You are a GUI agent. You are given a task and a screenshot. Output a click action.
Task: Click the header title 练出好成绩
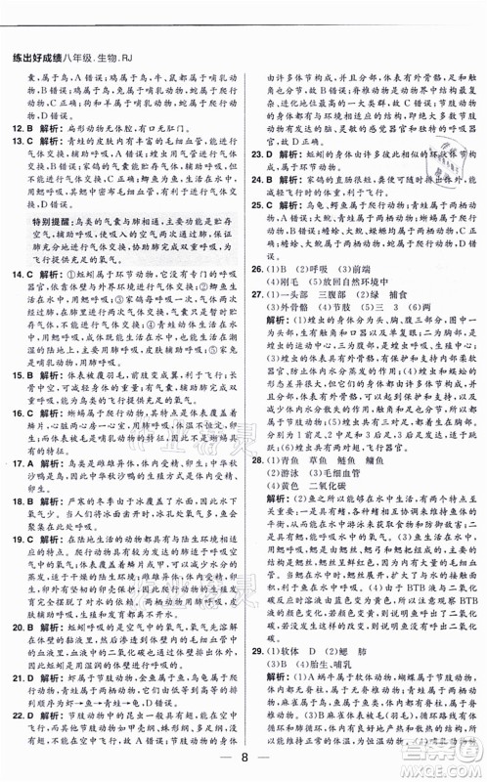point(39,13)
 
